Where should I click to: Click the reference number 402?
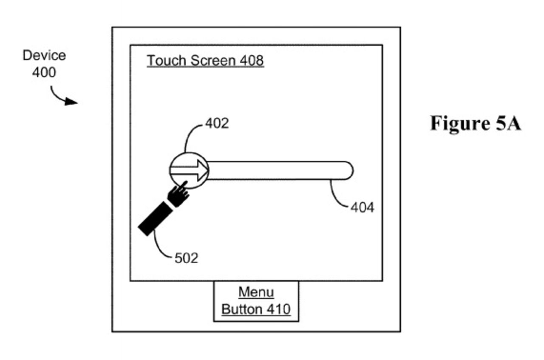point(217,123)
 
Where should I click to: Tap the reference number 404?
point(362,207)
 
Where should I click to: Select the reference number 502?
point(186,258)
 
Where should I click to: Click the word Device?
point(44,56)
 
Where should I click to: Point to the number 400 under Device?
point(44,72)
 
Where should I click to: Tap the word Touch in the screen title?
point(167,61)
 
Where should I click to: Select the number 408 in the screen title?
point(252,61)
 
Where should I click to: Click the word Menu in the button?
point(256,292)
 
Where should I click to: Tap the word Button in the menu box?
point(240,309)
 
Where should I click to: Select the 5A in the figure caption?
point(507,124)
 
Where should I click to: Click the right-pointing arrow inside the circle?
point(189,170)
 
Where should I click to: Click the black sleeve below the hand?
point(156,218)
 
